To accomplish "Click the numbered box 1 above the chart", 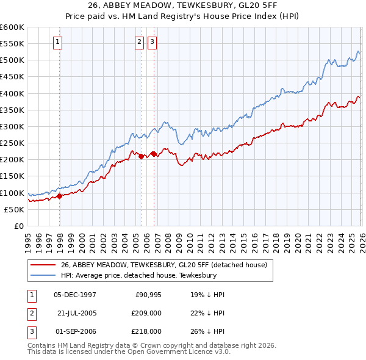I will pyautogui.click(x=57, y=42).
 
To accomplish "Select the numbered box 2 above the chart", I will pyautogui.click(x=139, y=42).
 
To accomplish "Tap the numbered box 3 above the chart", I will pyautogui.click(x=152, y=42).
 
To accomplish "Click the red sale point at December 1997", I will pyautogui.click(x=60, y=196).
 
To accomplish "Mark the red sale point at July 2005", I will pyautogui.click(x=141, y=157).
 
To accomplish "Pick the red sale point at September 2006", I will pyautogui.click(x=154, y=154).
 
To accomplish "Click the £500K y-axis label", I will pyautogui.click(x=12, y=60).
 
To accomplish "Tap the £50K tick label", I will pyautogui.click(x=14, y=209).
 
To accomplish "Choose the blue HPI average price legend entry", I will pyautogui.click(x=147, y=276).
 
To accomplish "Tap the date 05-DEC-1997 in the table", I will pyautogui.click(x=75, y=294).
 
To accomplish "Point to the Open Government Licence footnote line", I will pyautogui.click(x=129, y=353).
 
